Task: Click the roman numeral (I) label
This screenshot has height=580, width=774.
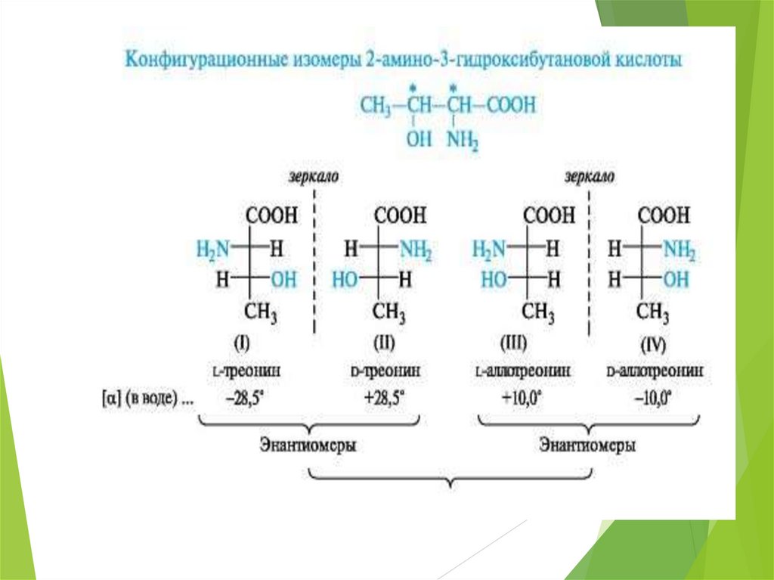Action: pos(242,344)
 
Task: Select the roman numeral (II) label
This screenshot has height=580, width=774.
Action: pos(382,344)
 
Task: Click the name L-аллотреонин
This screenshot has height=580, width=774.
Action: pos(523,372)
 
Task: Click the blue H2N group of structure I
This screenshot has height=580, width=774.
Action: pos(212,248)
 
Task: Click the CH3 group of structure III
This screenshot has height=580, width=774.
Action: pos(540,312)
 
